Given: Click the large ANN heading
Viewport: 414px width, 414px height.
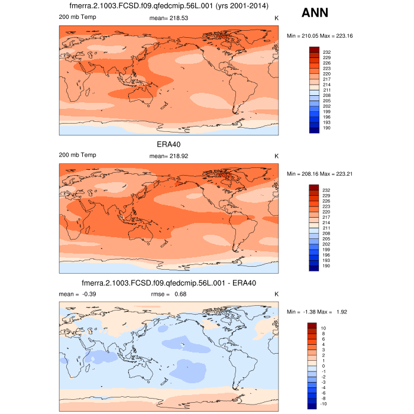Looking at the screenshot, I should click(315, 13).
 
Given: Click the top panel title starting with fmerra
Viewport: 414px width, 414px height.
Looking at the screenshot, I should click(169, 7).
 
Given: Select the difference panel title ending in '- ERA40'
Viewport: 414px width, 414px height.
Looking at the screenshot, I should click(169, 282).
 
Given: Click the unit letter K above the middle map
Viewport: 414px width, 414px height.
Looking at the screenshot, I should click(276, 156).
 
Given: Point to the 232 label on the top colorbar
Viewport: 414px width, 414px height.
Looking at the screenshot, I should click(326, 52).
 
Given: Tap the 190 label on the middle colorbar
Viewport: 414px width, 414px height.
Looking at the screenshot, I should click(326, 267).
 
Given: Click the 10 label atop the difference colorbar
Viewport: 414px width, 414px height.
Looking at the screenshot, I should click(324, 328).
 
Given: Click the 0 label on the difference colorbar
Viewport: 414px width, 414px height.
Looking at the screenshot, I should click(323, 366).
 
